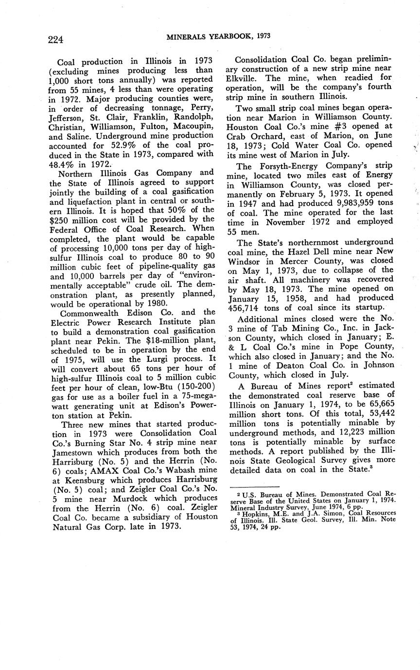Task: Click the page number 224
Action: [55, 39]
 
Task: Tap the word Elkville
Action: [242, 78]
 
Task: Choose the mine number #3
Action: [331, 123]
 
